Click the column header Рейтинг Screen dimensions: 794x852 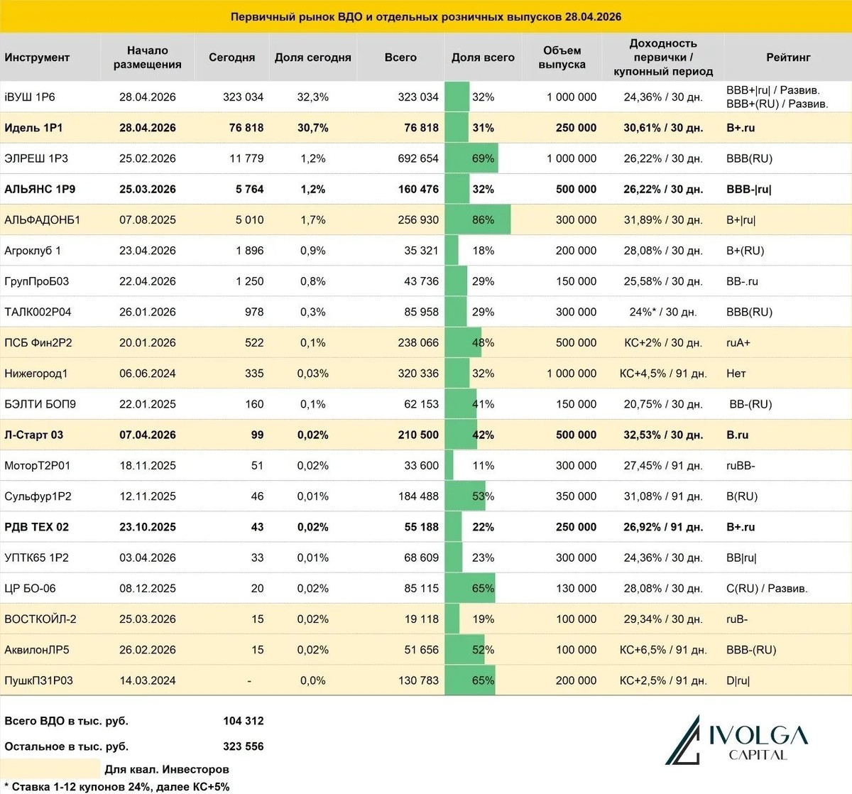pos(787,58)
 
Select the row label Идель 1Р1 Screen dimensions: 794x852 pos(33,128)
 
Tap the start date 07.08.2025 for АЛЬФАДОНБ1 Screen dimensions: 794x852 pos(148,220)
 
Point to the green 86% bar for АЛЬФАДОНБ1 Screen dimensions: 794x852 pos(477,220)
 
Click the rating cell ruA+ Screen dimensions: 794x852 pos(738,343)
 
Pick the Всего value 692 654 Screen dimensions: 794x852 pos(418,158)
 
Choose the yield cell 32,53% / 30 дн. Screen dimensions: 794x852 pos(663,435)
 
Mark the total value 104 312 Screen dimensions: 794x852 pos(243,721)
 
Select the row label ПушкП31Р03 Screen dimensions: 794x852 pos(38,680)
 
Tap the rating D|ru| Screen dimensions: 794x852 pos(738,680)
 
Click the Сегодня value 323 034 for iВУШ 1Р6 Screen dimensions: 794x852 pos(243,97)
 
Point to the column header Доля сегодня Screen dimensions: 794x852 pos(312,58)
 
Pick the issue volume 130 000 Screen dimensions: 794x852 pos(576,588)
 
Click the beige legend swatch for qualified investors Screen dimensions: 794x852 pos(50,768)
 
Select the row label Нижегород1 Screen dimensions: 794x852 pos(36,374)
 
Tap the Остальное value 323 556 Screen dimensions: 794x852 pos(243,746)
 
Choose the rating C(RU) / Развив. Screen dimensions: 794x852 pos(767,588)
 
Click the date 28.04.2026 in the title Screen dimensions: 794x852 pos(593,16)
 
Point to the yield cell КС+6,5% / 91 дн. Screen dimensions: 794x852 pos(663,650)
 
